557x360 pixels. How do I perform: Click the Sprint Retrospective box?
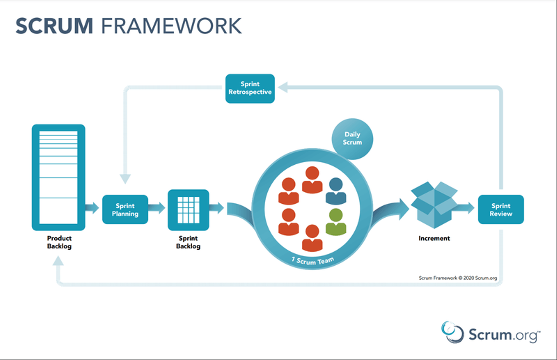tap(250, 89)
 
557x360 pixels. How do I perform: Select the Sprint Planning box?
tap(125, 210)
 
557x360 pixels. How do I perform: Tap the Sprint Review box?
tap(501, 210)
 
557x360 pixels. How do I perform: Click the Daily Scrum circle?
tap(352, 138)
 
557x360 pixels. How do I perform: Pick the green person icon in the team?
tap(336, 222)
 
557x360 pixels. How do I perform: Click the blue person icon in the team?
tap(336, 191)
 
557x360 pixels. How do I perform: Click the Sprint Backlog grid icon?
tap(188, 210)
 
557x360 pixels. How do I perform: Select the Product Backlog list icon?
tap(58, 177)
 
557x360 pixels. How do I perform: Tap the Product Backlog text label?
tap(59, 242)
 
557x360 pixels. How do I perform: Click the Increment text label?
tap(434, 239)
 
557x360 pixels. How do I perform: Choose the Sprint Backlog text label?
tap(188, 242)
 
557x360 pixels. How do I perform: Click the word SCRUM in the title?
tap(54, 26)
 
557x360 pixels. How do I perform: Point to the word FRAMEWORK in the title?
tap(171, 26)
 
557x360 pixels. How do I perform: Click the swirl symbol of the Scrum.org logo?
tap(452, 332)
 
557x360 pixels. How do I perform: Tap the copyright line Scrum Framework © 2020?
tap(458, 278)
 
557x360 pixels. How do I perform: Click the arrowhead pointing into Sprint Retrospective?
tap(283, 87)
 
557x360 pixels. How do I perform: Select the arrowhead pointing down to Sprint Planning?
tap(125, 179)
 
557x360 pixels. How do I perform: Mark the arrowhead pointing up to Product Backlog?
tap(58, 261)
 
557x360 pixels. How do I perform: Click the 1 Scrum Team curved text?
tap(313, 261)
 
